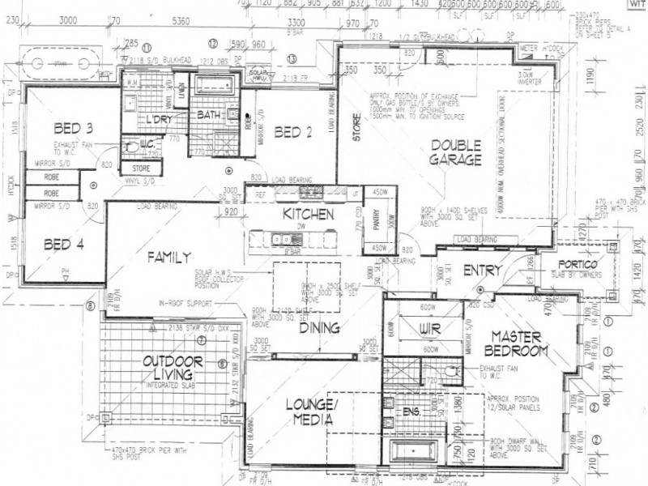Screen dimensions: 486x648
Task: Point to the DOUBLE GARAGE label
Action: coord(456,152)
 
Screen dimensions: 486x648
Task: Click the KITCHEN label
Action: coord(309,215)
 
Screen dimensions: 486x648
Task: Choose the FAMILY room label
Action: coord(168,258)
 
